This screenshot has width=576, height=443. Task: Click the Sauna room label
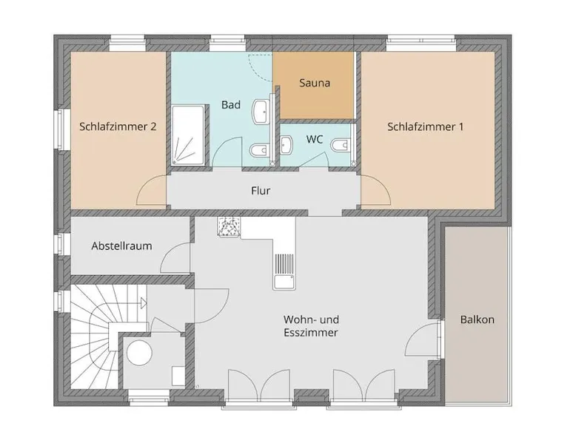(315, 83)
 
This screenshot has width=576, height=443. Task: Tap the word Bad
(231, 105)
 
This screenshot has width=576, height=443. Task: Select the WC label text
(315, 140)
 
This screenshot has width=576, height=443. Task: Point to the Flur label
(261, 191)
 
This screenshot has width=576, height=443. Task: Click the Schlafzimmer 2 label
(118, 127)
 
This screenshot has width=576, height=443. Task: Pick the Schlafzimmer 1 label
(425, 127)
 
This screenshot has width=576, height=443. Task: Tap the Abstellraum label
(121, 246)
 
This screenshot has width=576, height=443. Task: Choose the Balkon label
(478, 319)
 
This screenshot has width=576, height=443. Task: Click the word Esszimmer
(311, 333)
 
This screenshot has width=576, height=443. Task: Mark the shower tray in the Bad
(188, 135)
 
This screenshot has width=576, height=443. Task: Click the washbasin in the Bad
(261, 112)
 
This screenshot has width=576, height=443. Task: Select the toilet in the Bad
(259, 149)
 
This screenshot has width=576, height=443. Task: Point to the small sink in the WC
(287, 145)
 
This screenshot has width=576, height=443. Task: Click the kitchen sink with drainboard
(284, 271)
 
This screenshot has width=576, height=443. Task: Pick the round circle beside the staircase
(139, 353)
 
